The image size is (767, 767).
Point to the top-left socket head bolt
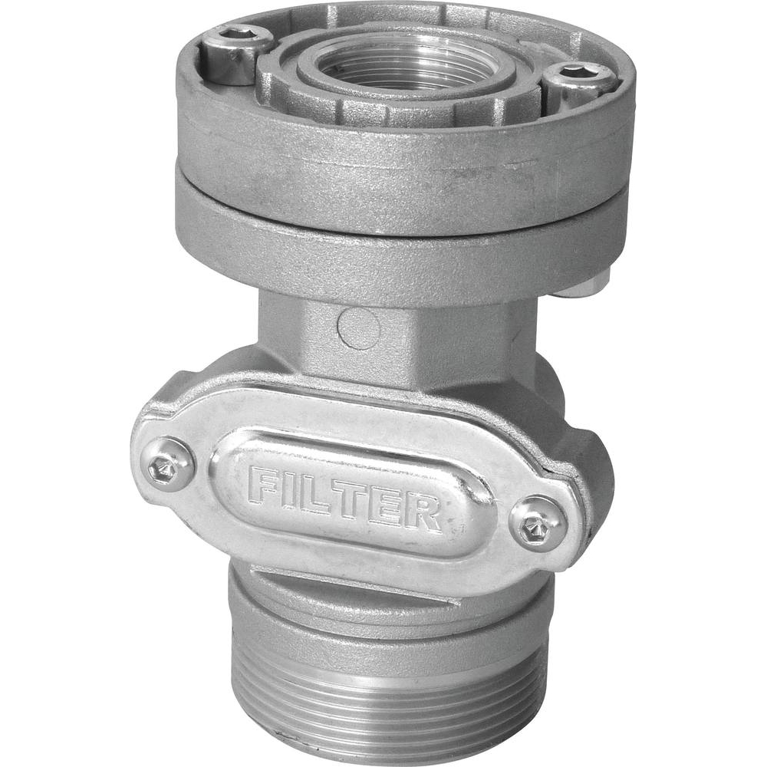[x=230, y=54]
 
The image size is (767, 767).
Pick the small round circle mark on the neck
[x=358, y=329]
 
